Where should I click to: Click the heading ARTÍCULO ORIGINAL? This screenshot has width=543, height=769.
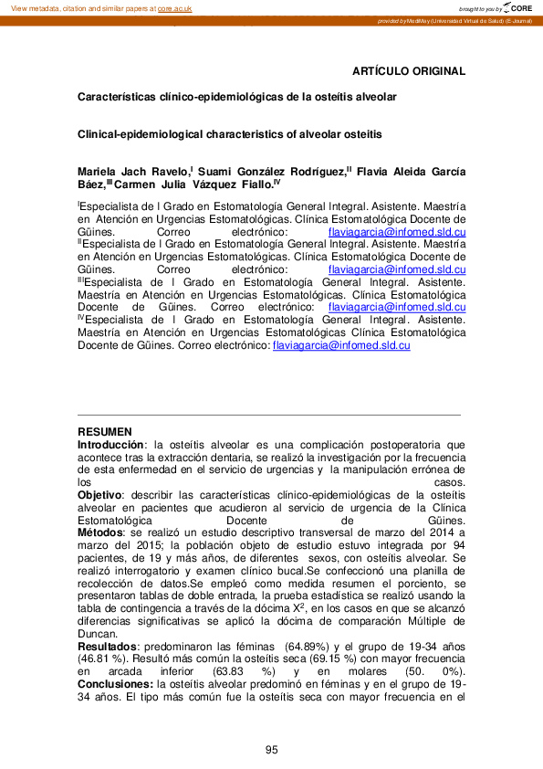tap(409, 71)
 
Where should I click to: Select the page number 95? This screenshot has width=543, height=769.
tap(271, 750)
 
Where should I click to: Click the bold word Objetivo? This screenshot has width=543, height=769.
tap(100, 494)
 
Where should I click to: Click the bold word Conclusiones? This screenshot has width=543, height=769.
tap(115, 683)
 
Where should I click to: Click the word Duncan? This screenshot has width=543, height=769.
tap(98, 633)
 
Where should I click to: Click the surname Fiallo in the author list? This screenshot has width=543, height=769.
tap(253, 184)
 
